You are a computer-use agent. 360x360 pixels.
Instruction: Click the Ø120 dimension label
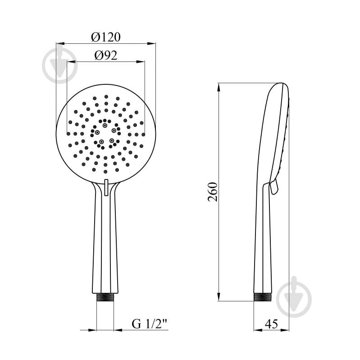click(106, 37)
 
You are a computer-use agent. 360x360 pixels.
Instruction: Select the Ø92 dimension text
click(106, 55)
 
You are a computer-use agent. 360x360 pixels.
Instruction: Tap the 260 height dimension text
click(213, 192)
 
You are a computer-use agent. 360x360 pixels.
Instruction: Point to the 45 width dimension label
click(271, 324)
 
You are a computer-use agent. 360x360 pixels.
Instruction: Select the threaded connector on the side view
click(263, 297)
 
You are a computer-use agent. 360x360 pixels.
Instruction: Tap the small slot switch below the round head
click(106, 188)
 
